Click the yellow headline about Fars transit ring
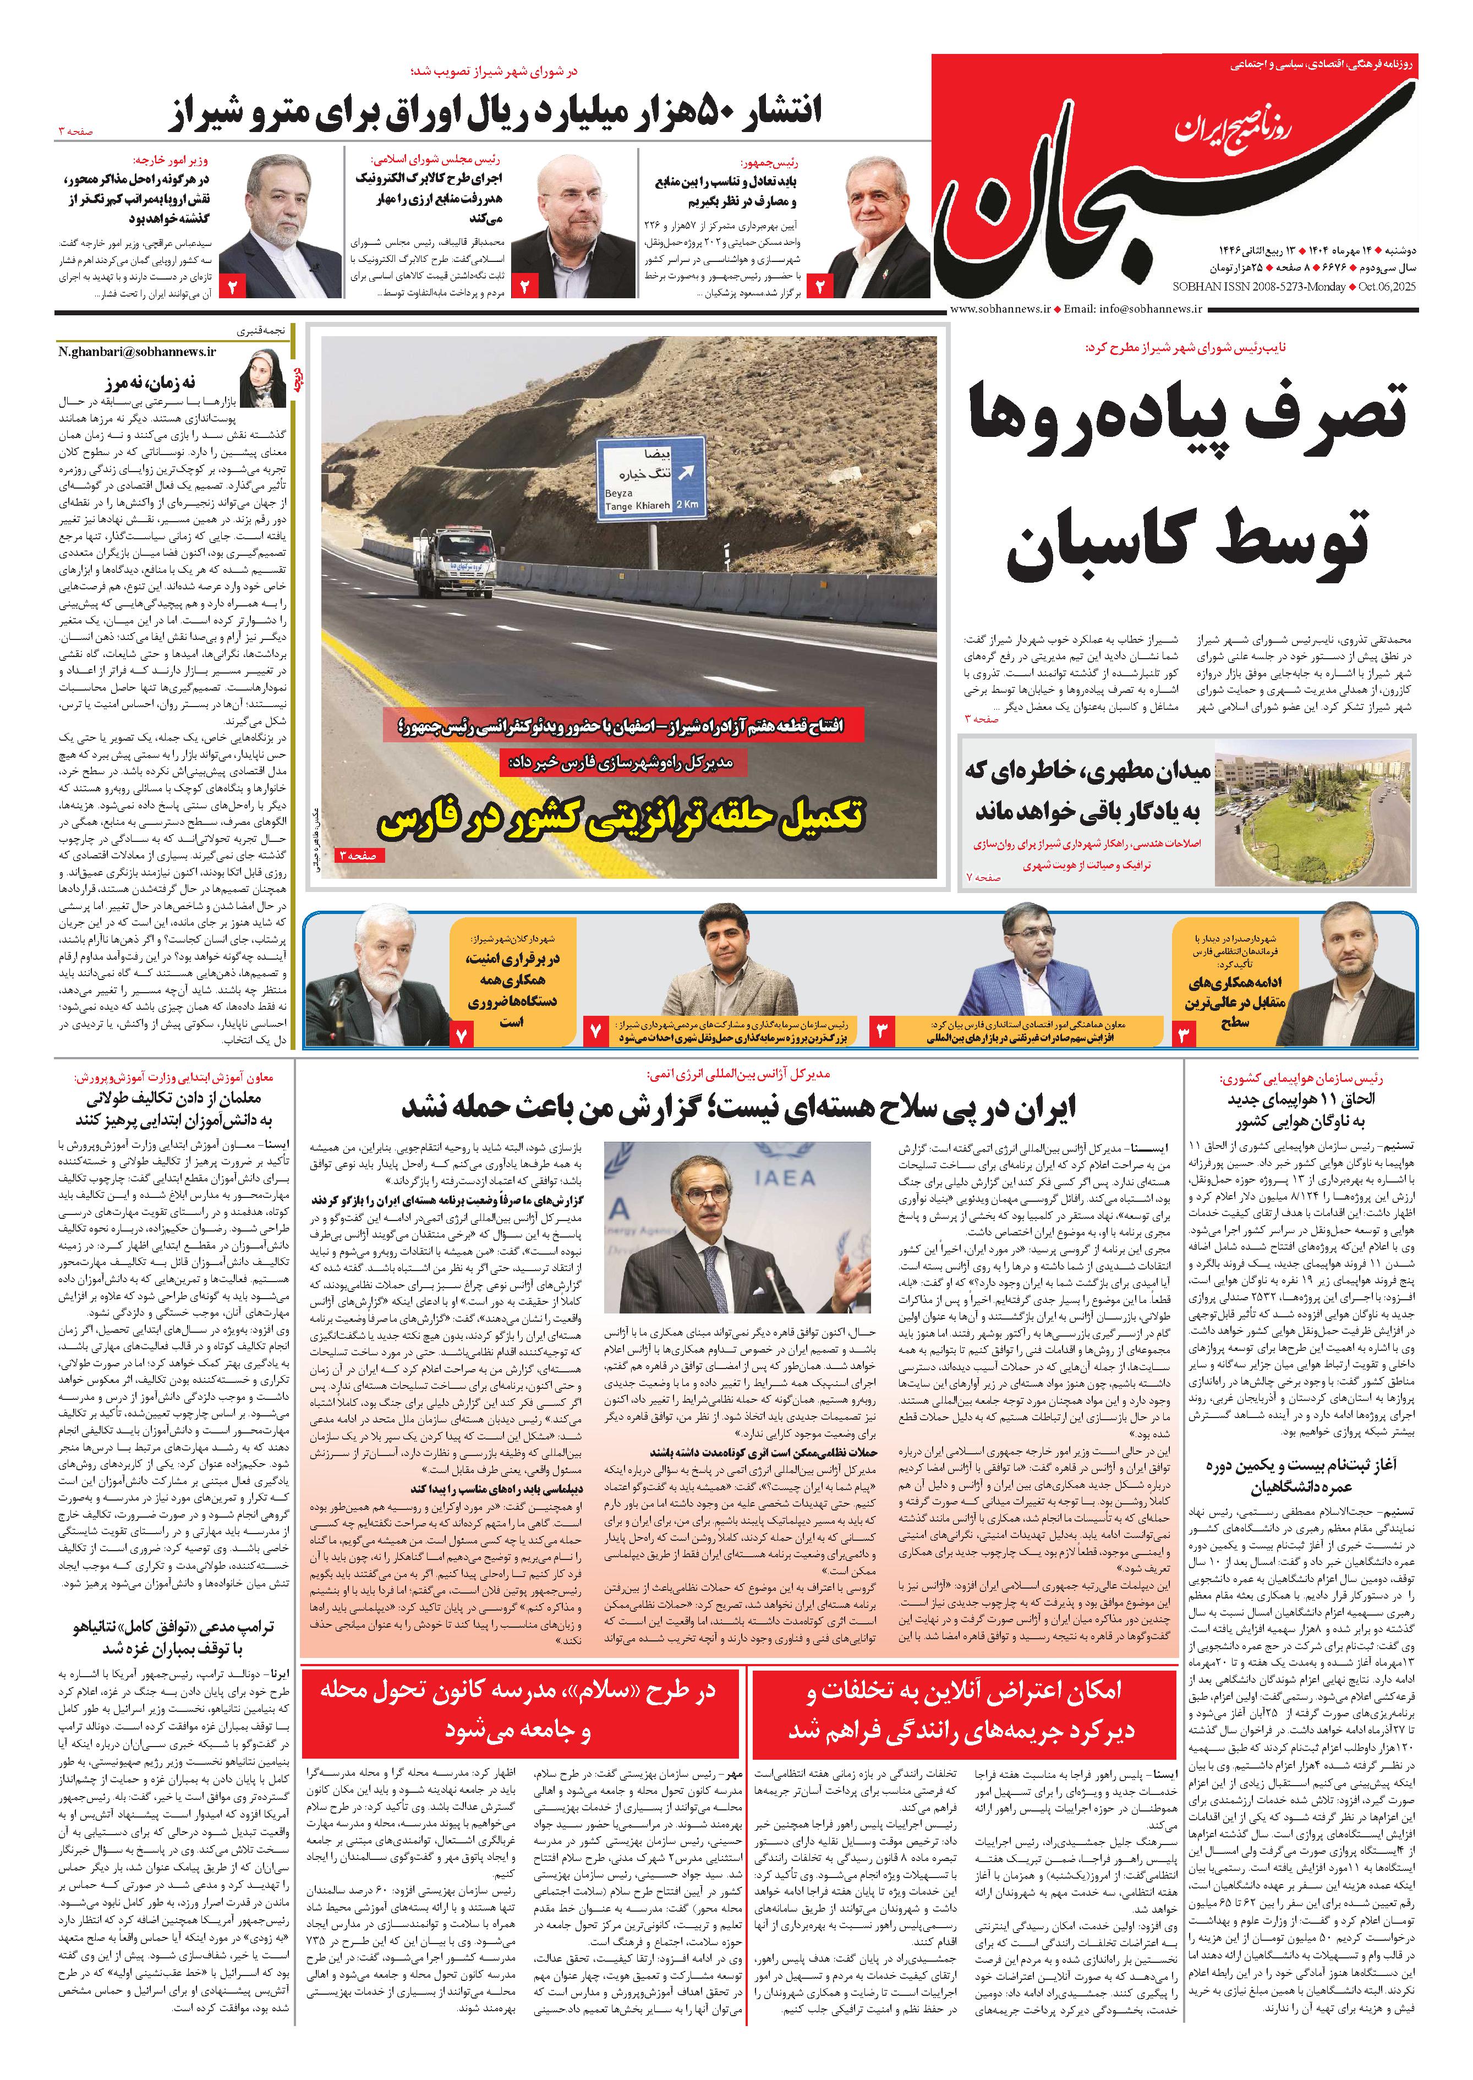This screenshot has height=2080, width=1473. click(x=621, y=814)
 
